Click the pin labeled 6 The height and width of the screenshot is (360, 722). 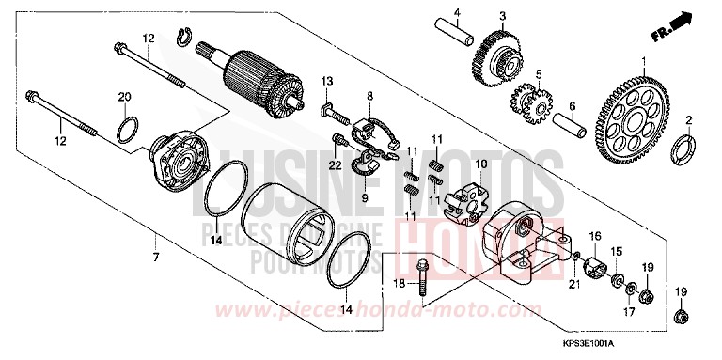point(574,121)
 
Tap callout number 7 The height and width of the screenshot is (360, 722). point(156,256)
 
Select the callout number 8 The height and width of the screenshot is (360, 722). point(370,95)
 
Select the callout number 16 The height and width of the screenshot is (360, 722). point(594,235)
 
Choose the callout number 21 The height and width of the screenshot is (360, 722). point(573,283)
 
